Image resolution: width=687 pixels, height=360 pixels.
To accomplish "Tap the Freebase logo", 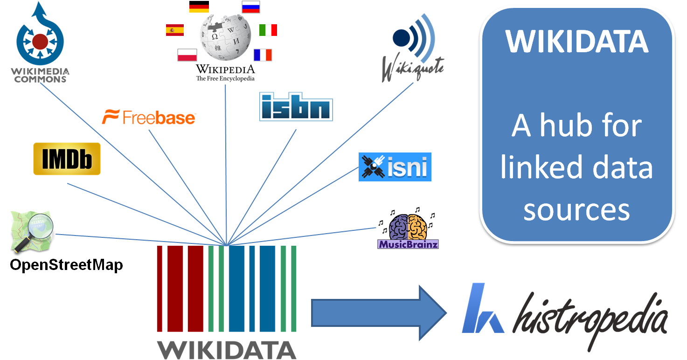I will pos(149,118).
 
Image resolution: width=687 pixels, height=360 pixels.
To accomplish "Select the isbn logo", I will pos(296,107).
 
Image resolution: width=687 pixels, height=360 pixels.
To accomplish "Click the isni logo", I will pos(395,167).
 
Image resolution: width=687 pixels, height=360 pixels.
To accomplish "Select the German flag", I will pos(199,7).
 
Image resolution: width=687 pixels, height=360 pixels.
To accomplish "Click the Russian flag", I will pos(251,7).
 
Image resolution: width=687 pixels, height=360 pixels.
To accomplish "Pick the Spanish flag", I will pos(174,30).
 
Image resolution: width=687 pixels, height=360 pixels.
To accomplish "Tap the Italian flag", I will pos(268,30).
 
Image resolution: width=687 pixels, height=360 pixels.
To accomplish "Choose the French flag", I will pos(263,55).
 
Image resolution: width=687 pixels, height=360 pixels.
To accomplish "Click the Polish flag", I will pos(187,55).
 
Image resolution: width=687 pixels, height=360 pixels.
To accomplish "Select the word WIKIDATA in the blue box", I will pos(577,42).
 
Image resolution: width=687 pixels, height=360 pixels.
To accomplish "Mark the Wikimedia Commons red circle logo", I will pos(40,42).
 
